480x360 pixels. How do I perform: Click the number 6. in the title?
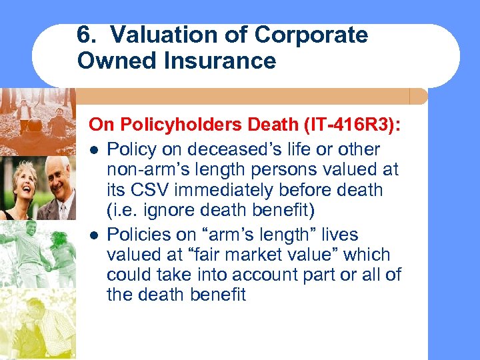point(85,35)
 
